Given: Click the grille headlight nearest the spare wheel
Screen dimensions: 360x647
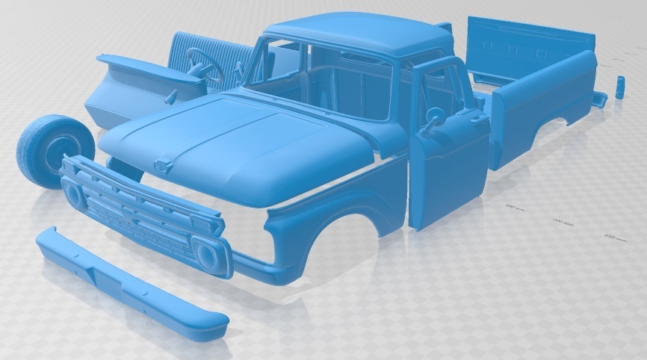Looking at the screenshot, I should click(75, 194).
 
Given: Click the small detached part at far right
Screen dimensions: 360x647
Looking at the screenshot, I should click(620, 86).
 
